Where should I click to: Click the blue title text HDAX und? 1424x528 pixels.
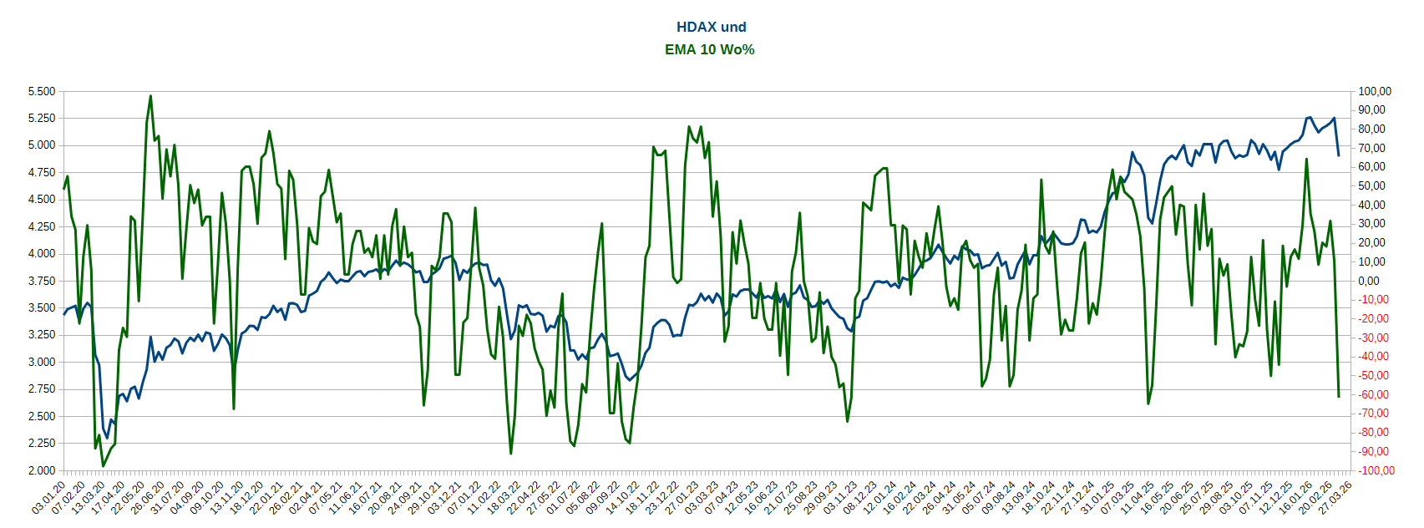pos(711,27)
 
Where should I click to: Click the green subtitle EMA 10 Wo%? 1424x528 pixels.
pos(710,49)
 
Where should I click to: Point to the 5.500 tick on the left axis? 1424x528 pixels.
pos(41,91)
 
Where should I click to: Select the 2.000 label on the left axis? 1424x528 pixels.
pos(41,470)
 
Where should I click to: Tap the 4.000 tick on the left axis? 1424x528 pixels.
pos(41,254)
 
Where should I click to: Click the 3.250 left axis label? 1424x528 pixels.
pos(41,335)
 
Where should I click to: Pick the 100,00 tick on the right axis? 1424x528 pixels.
pos(1375,91)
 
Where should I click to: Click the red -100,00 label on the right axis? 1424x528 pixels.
pos(1374,470)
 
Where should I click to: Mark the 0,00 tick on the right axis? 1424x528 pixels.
pos(1369,281)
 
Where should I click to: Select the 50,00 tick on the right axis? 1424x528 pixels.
pos(1371,186)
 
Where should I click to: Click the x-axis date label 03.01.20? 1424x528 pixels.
pos(49,498)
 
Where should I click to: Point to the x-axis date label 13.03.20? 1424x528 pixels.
pos(88,498)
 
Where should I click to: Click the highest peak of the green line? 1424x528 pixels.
pos(150,96)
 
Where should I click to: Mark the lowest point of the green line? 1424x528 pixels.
pos(103,465)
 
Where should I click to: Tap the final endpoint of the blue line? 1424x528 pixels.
pos(1339,155)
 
